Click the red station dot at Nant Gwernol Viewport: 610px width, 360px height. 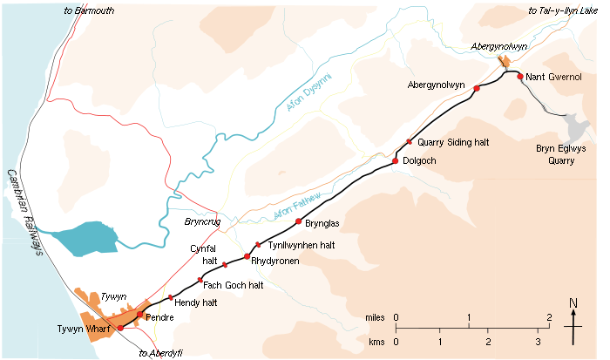point(520,77)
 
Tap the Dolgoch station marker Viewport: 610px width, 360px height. point(396,161)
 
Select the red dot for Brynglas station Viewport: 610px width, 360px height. point(299,222)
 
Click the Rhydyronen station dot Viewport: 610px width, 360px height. point(247,256)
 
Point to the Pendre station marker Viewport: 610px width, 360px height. point(139,314)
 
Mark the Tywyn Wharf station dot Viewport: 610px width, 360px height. point(120,328)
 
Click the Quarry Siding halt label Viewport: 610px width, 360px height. point(451,142)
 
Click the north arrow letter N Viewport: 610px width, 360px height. point(573,303)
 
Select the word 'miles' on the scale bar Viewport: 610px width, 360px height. point(376,317)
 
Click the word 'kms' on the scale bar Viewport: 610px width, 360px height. point(377,342)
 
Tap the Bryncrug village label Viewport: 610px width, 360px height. point(201,222)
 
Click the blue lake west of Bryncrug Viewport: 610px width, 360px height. point(83,238)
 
